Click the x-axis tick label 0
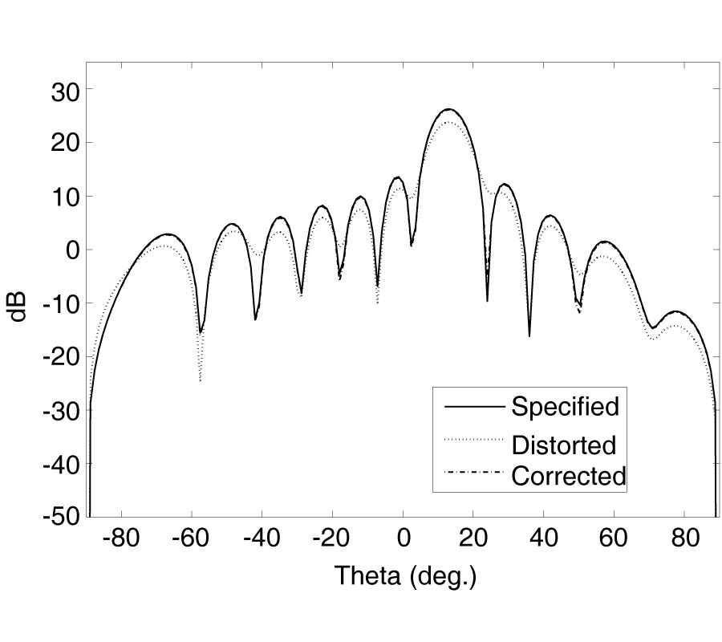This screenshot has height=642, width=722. point(404,538)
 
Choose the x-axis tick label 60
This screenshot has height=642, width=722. point(613,538)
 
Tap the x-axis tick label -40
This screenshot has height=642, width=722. point(261,538)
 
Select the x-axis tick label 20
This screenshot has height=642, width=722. point(473,538)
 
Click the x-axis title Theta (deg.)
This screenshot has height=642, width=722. point(405,576)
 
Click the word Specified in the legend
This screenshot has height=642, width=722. point(565,407)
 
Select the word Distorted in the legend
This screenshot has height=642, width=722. point(563,444)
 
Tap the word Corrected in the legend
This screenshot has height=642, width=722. point(568,476)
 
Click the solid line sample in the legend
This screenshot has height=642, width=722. point(473,407)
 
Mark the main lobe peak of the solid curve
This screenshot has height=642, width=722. point(448,109)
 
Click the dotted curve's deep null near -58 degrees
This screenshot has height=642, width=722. point(200,380)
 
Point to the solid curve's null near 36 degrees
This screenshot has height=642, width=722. point(529,335)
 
